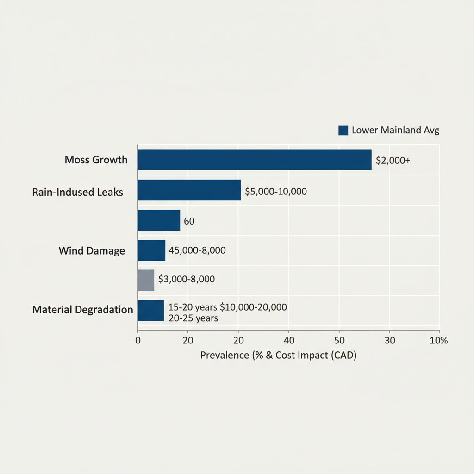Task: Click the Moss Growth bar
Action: click(x=255, y=160)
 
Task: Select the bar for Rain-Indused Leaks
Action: click(x=189, y=190)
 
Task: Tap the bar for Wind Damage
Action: click(x=151, y=250)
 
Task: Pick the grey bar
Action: click(x=146, y=281)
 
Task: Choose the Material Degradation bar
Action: click(x=151, y=311)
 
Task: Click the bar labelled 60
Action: click(x=159, y=220)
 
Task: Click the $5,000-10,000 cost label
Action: click(x=276, y=191)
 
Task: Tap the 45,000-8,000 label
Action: click(x=197, y=250)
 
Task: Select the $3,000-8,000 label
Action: click(x=187, y=279)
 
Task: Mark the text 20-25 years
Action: click(x=193, y=318)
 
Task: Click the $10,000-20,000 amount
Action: click(x=253, y=307)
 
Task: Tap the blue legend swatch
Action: click(x=343, y=131)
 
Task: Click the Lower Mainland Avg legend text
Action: click(x=395, y=130)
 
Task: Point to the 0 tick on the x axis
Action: click(x=137, y=340)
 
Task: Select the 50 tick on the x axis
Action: click(x=339, y=340)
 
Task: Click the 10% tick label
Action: click(x=439, y=340)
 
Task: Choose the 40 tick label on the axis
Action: click(x=288, y=340)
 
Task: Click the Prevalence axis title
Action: click(x=278, y=356)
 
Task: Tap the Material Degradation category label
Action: click(x=83, y=310)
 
